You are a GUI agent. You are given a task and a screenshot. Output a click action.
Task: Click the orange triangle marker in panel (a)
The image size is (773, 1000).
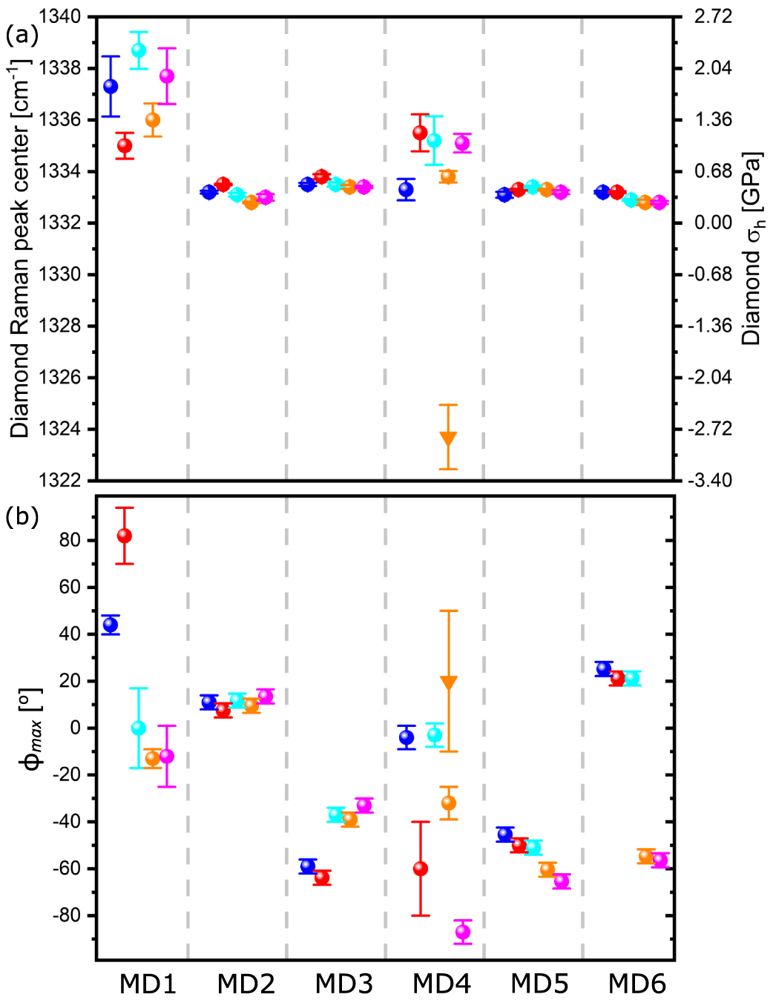[x=448, y=438]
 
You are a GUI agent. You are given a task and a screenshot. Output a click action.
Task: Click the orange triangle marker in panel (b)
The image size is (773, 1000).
[x=448, y=682]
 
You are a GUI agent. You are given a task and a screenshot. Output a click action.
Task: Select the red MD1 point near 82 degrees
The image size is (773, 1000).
[x=125, y=536]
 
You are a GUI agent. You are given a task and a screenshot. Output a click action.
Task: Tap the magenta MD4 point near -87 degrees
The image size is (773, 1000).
[x=463, y=932]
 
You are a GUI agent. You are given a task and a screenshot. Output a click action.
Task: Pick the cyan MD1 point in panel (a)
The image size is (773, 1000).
[x=139, y=50]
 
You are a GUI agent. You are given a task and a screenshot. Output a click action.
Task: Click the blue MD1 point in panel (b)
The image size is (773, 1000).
[x=111, y=625]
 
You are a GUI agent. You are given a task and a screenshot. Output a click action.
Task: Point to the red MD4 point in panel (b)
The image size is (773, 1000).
[x=421, y=869]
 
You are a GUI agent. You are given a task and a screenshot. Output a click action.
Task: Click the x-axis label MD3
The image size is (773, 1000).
[x=343, y=984]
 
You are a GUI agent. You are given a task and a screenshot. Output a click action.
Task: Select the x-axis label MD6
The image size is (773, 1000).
[x=637, y=984]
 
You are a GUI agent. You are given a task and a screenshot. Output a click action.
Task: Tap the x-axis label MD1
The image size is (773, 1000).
[x=148, y=984]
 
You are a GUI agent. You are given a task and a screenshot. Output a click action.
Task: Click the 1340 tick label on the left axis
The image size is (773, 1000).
[x=60, y=16]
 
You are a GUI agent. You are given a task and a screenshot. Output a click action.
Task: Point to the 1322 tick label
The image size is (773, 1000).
[x=60, y=481]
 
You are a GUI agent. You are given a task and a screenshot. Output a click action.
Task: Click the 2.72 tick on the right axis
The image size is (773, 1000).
[x=712, y=16]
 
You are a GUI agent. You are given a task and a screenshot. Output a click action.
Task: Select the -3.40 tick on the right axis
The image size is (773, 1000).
[x=711, y=481]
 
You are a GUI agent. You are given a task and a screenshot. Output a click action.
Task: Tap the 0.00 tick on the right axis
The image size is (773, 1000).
[x=712, y=223]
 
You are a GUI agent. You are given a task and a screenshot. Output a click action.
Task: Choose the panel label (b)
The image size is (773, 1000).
[x=22, y=516]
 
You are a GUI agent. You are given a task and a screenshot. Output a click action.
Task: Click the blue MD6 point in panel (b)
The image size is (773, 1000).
[x=604, y=669]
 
